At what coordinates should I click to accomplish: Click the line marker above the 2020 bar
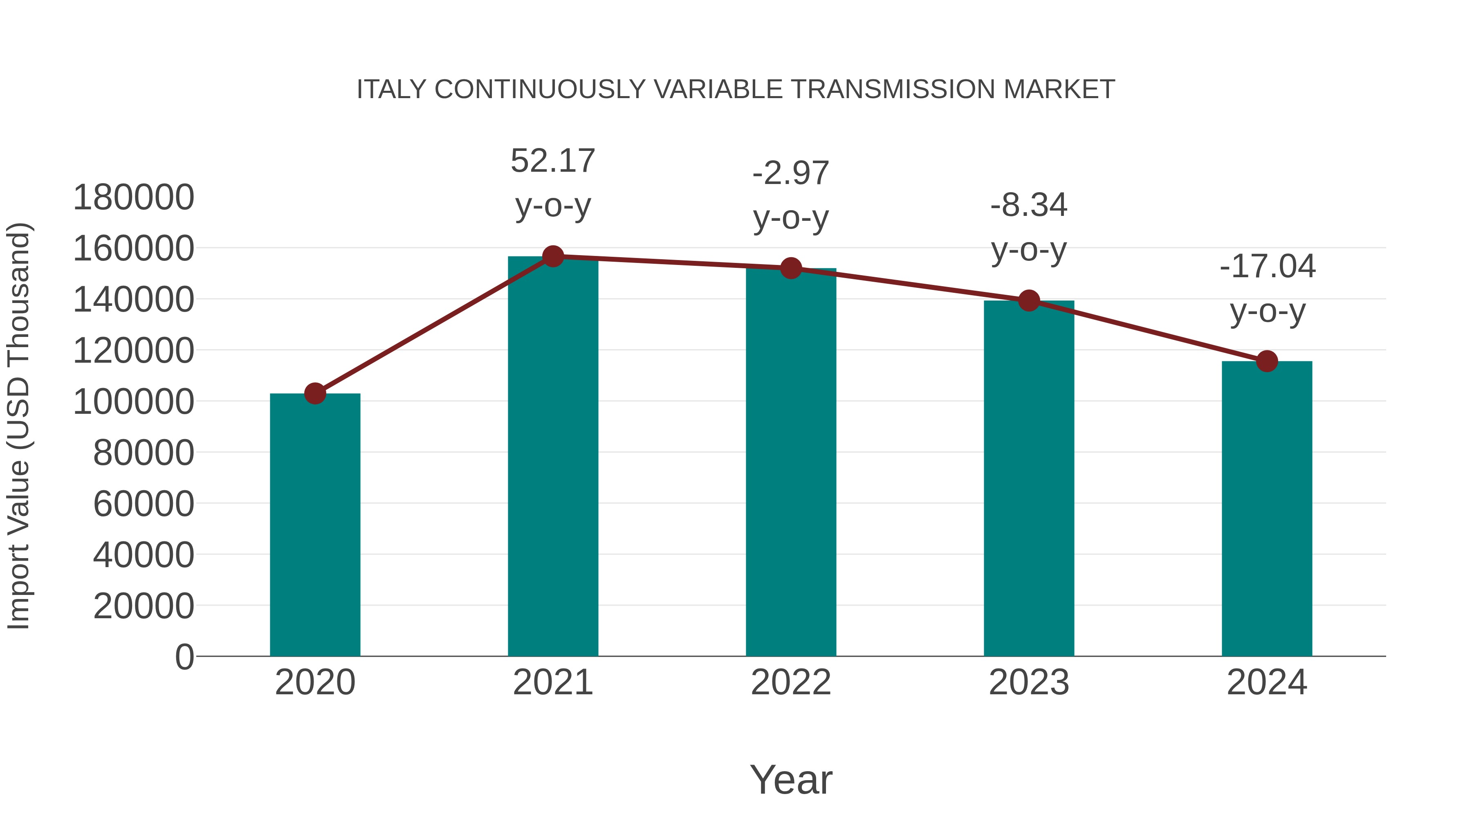pyautogui.click(x=315, y=393)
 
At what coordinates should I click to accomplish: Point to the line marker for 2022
pyautogui.click(x=791, y=268)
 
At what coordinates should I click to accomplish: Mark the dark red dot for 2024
pyautogui.click(x=1267, y=361)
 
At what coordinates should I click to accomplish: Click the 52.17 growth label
pyautogui.click(x=552, y=161)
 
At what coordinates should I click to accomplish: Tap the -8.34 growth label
pyautogui.click(x=1029, y=205)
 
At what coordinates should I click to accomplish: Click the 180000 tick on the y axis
pyautogui.click(x=134, y=198)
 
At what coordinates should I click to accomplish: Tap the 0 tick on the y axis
pyautogui.click(x=184, y=657)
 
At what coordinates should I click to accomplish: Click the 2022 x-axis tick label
pyautogui.click(x=791, y=682)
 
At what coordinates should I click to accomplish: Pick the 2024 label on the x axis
pyautogui.click(x=1267, y=682)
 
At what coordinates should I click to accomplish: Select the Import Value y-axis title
pyautogui.click(x=18, y=426)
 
